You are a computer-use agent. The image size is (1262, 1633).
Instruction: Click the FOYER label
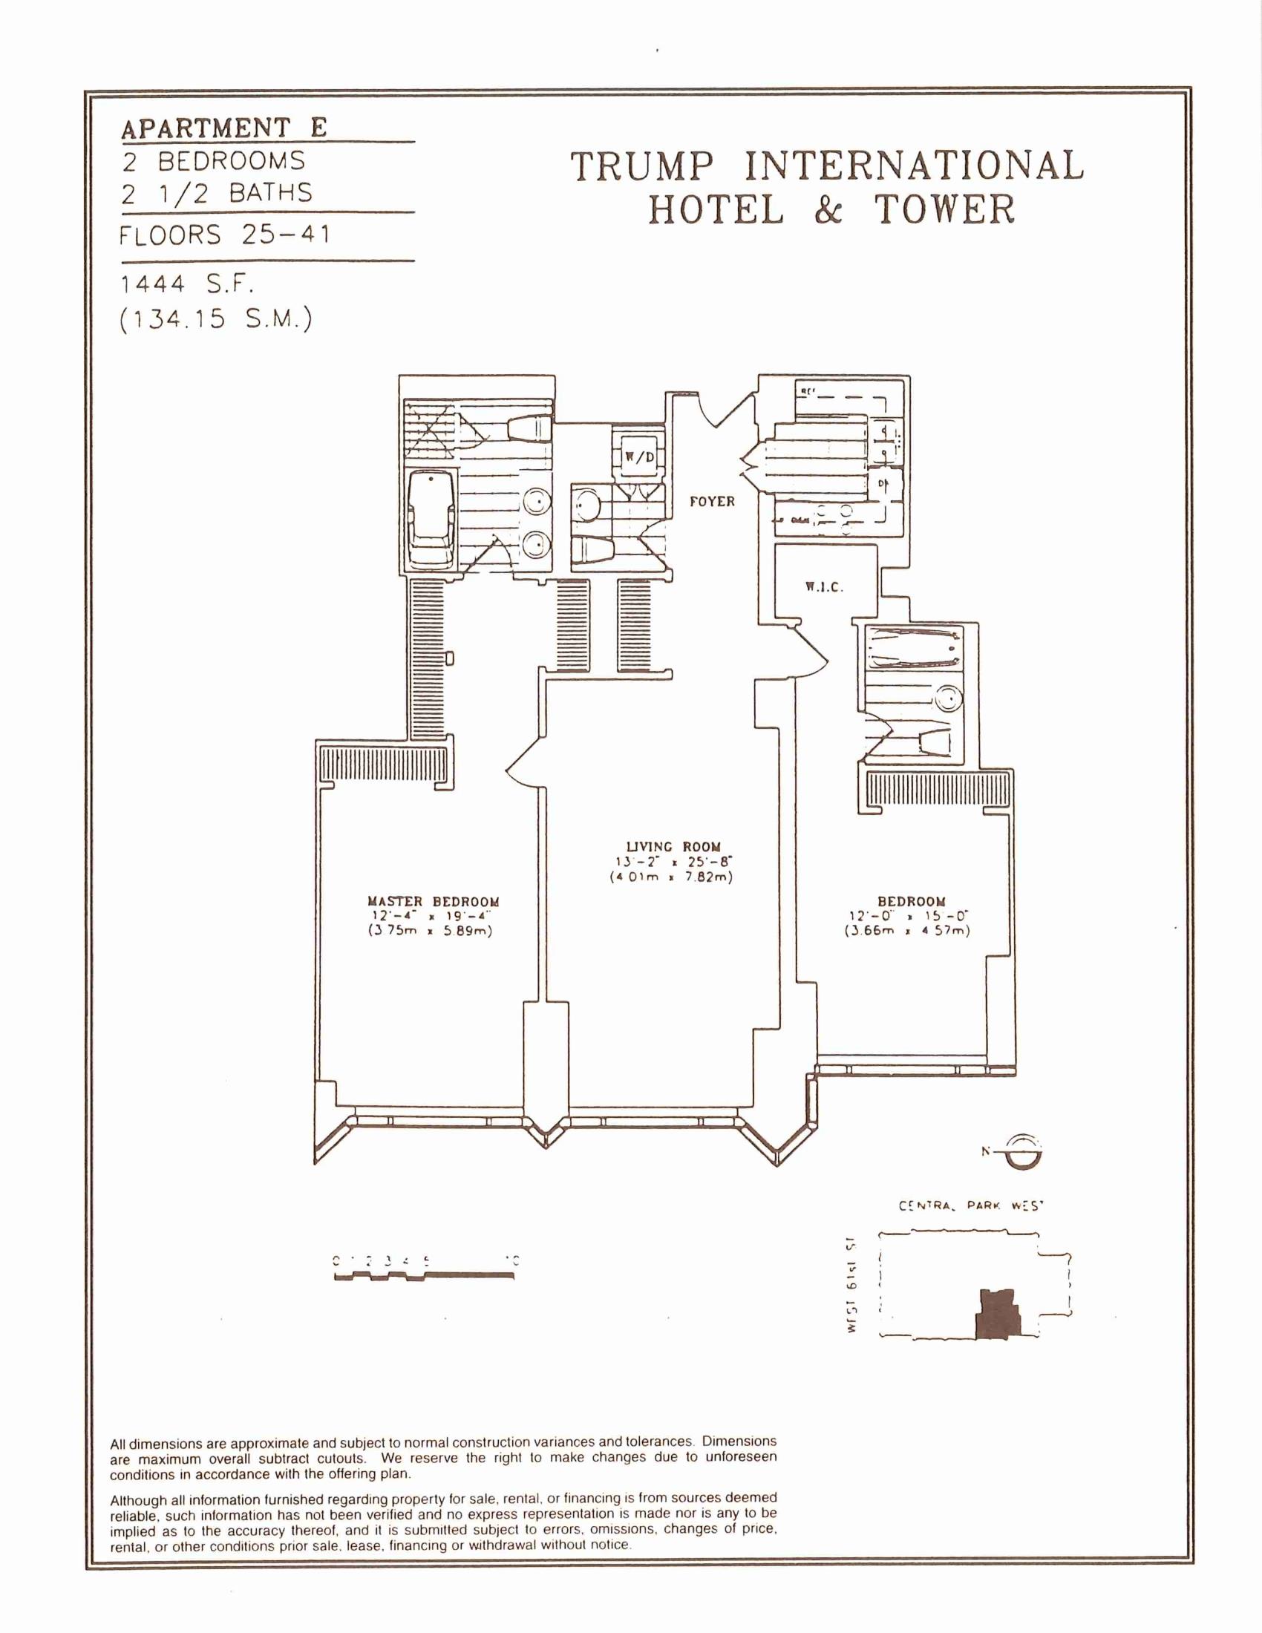click(712, 502)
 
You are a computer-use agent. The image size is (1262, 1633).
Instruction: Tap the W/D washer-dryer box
click(638, 456)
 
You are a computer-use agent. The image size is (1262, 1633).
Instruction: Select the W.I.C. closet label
click(824, 587)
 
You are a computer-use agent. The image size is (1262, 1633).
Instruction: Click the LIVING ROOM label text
click(673, 846)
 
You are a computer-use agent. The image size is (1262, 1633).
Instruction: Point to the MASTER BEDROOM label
click(433, 902)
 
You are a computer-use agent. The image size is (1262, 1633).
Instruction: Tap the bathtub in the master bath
click(432, 521)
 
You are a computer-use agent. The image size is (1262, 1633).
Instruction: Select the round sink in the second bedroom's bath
click(949, 699)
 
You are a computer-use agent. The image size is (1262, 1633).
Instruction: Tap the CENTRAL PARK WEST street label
click(970, 1206)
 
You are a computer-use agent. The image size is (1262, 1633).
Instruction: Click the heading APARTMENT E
click(224, 128)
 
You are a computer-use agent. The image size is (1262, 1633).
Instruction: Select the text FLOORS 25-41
click(224, 235)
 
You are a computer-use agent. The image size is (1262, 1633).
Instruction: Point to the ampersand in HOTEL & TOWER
click(828, 209)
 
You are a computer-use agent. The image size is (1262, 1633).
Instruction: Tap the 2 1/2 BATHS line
click(217, 194)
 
